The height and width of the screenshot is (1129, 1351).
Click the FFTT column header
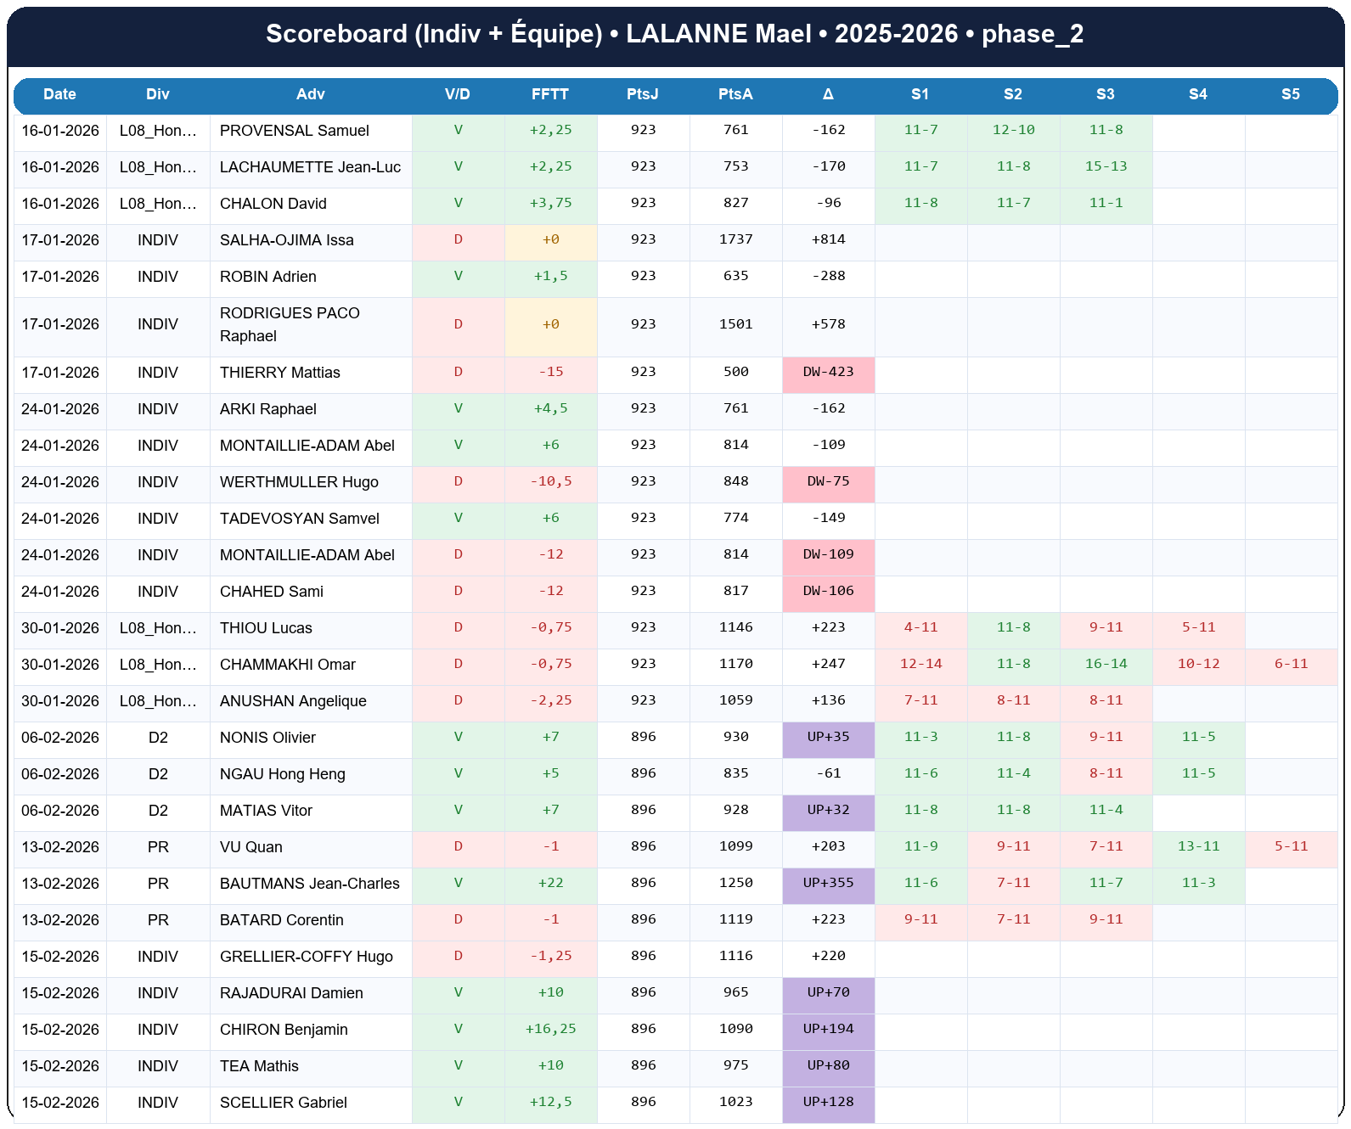coord(550,94)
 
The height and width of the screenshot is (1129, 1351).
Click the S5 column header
coord(1290,94)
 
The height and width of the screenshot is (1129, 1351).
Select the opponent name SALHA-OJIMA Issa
coord(286,240)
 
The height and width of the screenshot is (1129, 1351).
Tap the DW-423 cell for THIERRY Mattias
coord(828,372)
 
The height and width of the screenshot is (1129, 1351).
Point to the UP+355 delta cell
coord(828,883)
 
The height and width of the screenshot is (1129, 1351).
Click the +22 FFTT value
coord(550,883)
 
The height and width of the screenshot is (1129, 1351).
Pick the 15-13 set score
coord(1106,166)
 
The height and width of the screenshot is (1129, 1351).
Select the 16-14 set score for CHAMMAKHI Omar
coord(1106,664)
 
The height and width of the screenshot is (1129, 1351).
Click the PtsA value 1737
coord(735,239)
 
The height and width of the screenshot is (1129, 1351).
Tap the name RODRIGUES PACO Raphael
coord(289,324)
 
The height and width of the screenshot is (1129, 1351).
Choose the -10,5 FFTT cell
coord(550,481)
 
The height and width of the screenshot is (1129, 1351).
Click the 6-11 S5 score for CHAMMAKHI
coord(1291,664)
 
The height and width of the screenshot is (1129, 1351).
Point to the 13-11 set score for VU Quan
coord(1198,846)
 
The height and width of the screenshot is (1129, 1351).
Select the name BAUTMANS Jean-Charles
coord(309,884)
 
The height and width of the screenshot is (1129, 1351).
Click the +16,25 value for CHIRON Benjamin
coord(550,1029)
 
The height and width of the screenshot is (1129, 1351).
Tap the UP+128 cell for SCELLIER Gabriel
coord(828,1102)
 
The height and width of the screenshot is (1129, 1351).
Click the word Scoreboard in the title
coord(336,34)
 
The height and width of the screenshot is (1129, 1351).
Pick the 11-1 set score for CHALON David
coord(1106,203)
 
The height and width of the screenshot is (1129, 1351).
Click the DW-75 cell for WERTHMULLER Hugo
coord(828,481)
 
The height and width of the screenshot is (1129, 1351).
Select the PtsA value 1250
coord(735,883)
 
